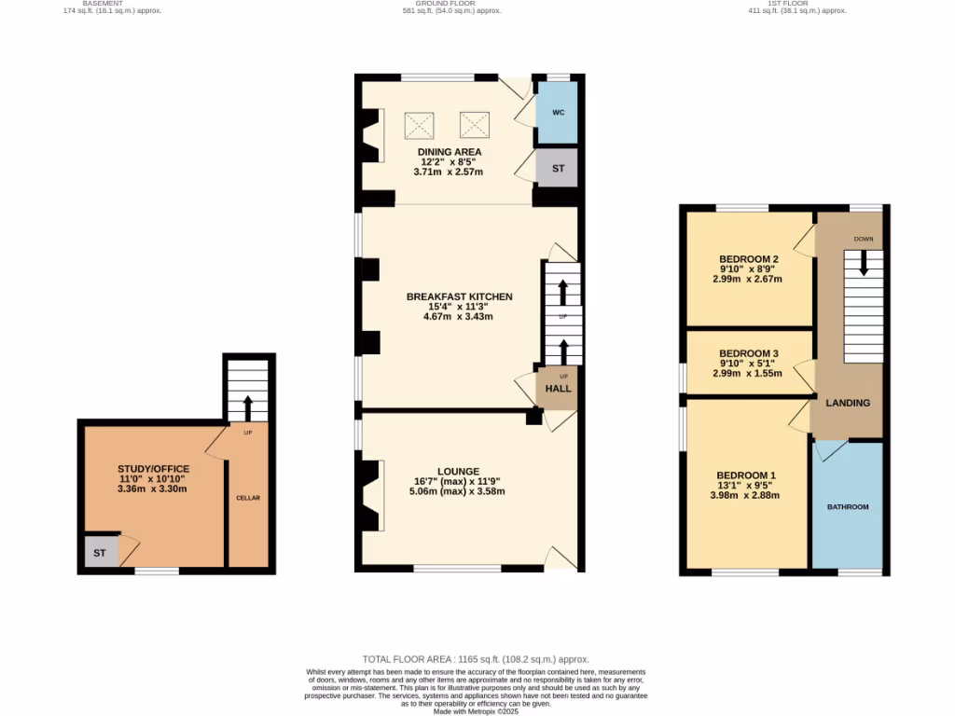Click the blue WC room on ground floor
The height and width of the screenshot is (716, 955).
[558, 113]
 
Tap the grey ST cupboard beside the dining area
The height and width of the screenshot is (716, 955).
[558, 169]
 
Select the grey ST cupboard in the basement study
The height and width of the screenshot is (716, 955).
[100, 553]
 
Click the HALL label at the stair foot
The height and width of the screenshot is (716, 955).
[558, 389]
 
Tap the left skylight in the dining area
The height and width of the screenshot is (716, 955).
[420, 124]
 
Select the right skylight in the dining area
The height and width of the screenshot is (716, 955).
[475, 124]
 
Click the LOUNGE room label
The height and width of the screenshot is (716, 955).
[457, 471]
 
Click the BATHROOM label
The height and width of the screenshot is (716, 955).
[848, 507]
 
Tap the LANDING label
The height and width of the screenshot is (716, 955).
[848, 403]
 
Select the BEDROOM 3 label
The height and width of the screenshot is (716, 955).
[748, 352]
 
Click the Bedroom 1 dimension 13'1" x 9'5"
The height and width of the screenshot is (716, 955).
[746, 485]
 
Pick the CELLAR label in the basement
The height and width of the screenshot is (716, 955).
[248, 498]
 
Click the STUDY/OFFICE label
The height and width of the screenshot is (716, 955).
[153, 468]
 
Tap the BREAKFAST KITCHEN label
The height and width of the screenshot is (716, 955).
[458, 296]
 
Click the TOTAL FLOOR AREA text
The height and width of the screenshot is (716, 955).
[476, 659]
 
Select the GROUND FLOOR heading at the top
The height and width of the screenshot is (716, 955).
[451, 4]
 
